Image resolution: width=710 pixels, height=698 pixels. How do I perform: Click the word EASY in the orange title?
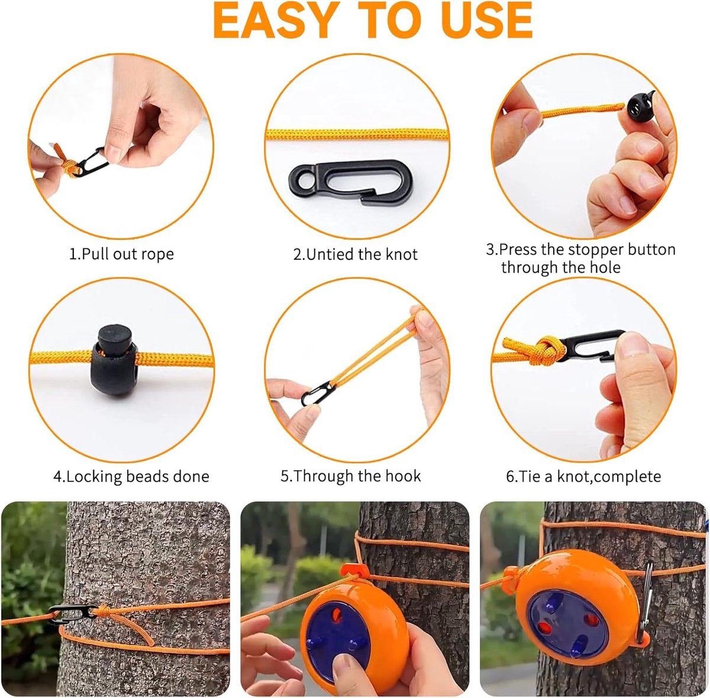(276, 20)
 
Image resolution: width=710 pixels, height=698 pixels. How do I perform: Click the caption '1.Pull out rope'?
(122, 254)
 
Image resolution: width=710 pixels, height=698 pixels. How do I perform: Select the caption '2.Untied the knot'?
(355, 254)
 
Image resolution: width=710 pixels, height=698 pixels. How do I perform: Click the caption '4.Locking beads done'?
(131, 477)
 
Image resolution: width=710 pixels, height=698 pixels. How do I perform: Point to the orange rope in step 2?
(357, 134)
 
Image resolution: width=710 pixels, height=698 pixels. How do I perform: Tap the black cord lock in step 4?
(115, 360)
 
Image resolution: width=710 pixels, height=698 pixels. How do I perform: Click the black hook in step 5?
(316, 393)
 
